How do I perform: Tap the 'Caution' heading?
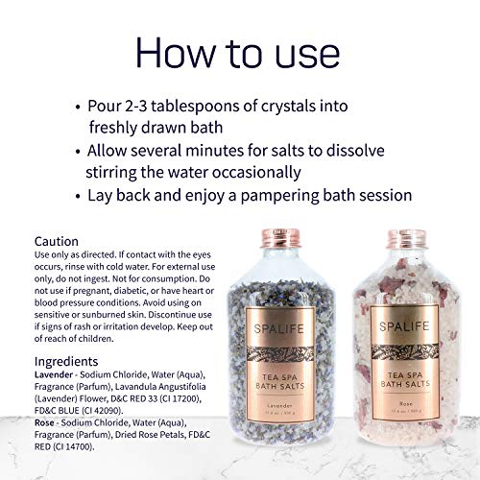pyautogui.click(x=57, y=241)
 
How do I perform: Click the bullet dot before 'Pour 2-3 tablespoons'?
pyautogui.click(x=77, y=108)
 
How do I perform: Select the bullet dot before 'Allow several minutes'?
pyautogui.click(x=77, y=152)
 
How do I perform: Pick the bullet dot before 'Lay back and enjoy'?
pyautogui.click(x=77, y=195)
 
